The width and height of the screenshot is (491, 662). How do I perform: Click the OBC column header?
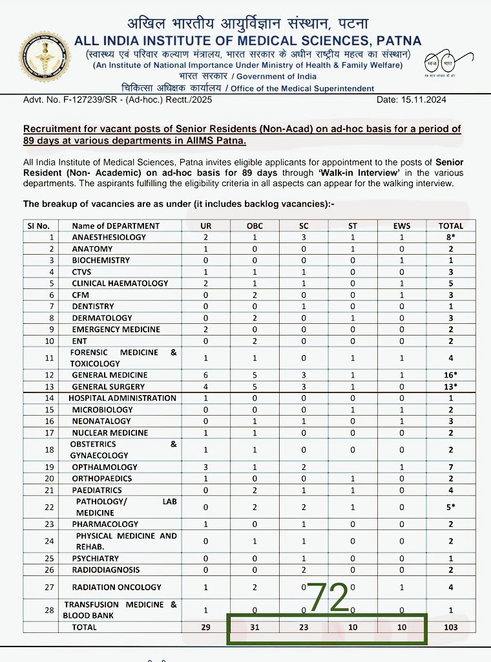click(x=254, y=226)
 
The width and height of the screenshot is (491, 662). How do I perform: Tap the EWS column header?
click(x=401, y=226)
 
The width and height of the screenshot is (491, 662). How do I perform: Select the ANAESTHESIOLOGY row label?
click(x=109, y=237)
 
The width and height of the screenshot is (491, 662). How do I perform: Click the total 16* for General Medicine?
click(x=451, y=375)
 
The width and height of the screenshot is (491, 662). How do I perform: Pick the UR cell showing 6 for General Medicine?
click(x=205, y=375)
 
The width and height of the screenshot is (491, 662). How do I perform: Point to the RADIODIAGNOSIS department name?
click(x=105, y=570)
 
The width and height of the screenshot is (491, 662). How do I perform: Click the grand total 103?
click(x=451, y=627)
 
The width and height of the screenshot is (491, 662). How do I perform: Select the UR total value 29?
click(x=205, y=627)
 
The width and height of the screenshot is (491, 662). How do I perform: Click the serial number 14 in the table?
click(x=40, y=398)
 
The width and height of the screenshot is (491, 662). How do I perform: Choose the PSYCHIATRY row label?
click(x=96, y=559)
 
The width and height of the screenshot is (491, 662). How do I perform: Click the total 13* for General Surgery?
click(x=451, y=387)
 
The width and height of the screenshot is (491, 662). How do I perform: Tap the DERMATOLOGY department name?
click(x=102, y=318)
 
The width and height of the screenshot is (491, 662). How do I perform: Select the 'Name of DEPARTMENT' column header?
click(x=116, y=226)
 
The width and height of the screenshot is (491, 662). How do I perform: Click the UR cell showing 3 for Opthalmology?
click(x=205, y=467)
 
